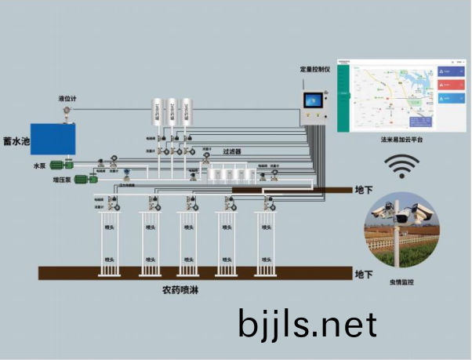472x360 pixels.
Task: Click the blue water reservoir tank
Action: coord(51,138)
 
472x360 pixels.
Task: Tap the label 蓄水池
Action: coord(16,142)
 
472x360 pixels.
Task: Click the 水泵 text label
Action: coord(39,166)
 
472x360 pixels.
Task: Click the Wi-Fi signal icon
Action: coord(400,166)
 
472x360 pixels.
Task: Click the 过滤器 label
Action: coord(231,151)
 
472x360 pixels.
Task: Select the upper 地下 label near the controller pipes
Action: coord(364,191)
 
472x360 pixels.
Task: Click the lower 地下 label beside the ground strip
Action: coord(364,275)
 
